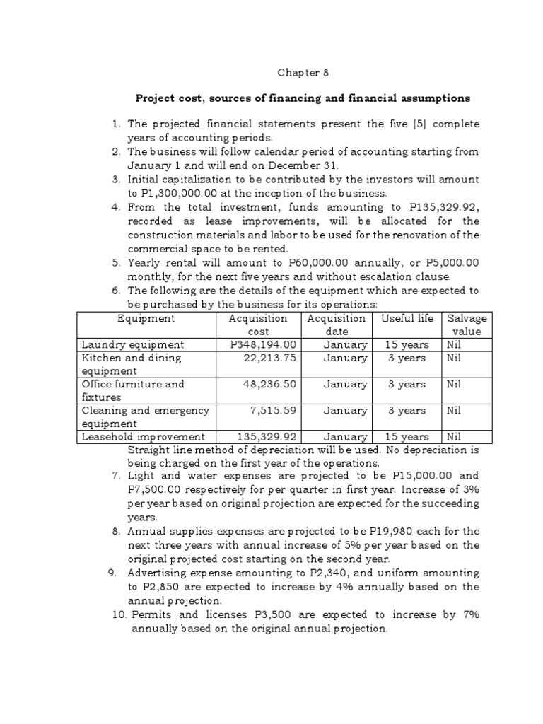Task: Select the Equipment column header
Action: [x=146, y=319]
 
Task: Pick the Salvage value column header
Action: [x=466, y=325]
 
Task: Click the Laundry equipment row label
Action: [x=132, y=345]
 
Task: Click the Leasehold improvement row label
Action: [x=144, y=437]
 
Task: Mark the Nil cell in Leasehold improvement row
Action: [x=454, y=437]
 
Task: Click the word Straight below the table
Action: [x=150, y=450]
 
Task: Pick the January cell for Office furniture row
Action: [x=346, y=385]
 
